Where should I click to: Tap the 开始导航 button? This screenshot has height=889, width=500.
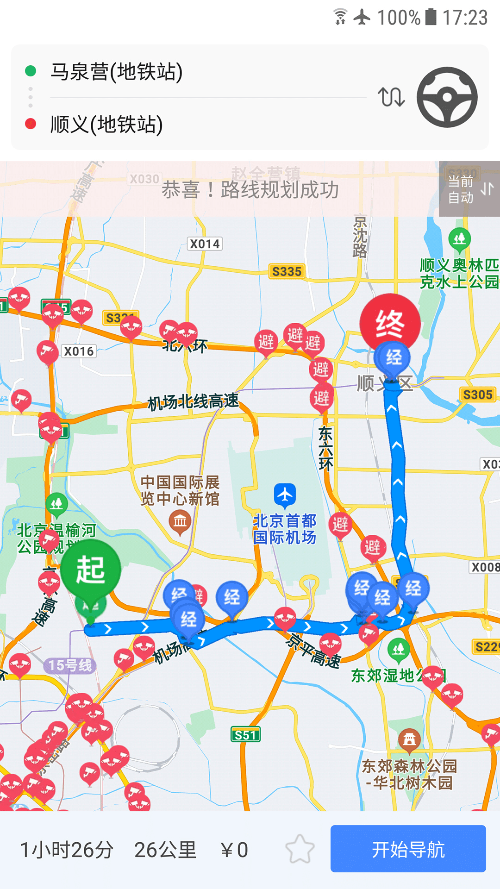(x=408, y=849)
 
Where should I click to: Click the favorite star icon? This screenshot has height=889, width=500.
(x=300, y=849)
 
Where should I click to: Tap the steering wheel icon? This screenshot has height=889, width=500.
(x=447, y=97)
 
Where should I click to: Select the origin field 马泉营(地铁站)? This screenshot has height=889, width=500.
(x=117, y=72)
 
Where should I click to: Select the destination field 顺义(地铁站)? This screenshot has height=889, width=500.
(x=106, y=124)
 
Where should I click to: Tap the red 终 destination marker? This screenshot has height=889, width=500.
(x=390, y=323)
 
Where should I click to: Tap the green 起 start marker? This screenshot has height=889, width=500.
(x=91, y=570)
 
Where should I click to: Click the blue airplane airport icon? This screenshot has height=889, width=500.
(x=285, y=495)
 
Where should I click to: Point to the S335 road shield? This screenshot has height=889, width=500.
(x=287, y=271)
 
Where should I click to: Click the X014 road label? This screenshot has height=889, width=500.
(x=205, y=244)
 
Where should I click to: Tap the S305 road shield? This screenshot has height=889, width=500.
(x=478, y=394)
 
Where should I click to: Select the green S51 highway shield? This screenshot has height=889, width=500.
(x=245, y=735)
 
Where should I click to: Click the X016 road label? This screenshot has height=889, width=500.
(x=79, y=351)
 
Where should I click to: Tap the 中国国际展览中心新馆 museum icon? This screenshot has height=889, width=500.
(x=180, y=522)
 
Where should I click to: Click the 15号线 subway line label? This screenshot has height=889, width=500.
(x=70, y=665)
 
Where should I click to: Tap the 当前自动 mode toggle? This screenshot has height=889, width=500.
(x=469, y=189)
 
